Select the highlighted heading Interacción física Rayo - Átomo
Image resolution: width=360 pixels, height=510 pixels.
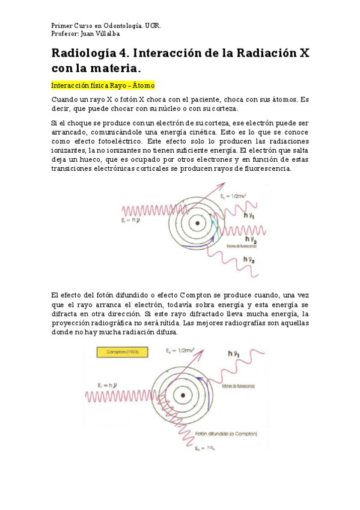point(103,85)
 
